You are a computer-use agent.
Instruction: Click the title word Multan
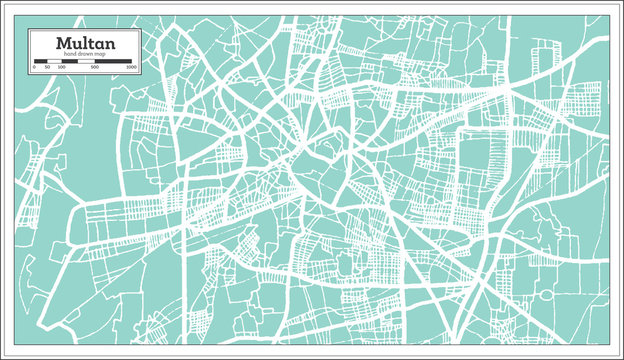click(x=85, y=43)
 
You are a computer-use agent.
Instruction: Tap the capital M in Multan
click(x=63, y=43)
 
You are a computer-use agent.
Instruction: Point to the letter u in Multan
click(x=75, y=44)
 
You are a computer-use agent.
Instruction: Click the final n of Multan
click(x=109, y=44)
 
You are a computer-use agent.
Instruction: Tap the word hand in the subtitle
click(x=69, y=54)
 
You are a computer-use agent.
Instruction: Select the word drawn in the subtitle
click(x=84, y=54)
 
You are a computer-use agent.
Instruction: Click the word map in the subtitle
click(x=100, y=54)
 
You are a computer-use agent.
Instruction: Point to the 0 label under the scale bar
click(x=34, y=67)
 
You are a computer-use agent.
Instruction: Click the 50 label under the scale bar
click(x=47, y=67)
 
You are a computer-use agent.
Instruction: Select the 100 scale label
click(x=62, y=67)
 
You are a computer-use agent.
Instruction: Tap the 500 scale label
click(x=95, y=67)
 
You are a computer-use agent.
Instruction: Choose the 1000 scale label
click(x=131, y=67)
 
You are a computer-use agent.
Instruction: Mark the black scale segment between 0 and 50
click(x=41, y=61)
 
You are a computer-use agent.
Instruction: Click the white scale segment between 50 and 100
click(x=55, y=61)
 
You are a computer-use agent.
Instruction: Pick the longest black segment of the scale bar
click(x=113, y=61)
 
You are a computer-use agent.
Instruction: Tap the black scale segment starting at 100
click(x=70, y=61)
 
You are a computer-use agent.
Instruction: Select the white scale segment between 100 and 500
click(x=86, y=61)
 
